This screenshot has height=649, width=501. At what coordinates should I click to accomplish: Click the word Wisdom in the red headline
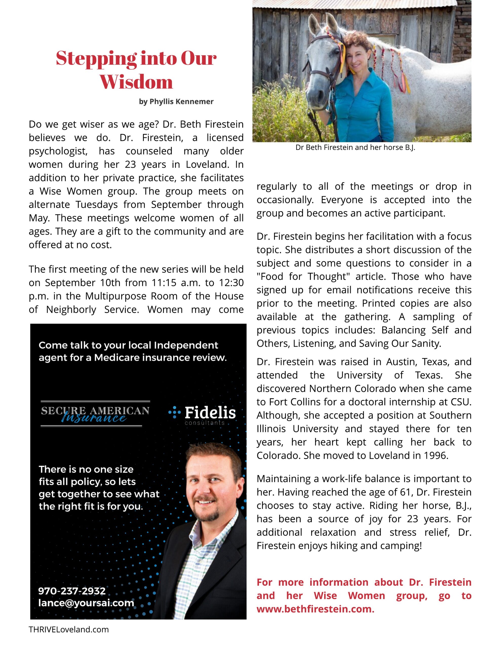click(x=136, y=82)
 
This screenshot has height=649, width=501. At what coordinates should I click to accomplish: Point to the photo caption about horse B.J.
click(x=355, y=148)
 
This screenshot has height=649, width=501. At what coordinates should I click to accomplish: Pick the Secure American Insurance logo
click(x=95, y=414)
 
